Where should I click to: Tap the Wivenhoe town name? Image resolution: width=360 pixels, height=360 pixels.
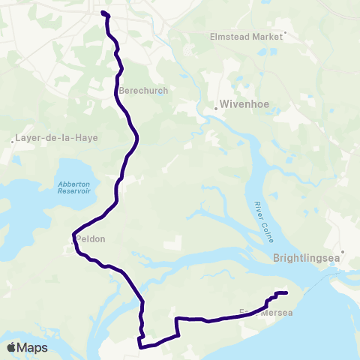241,106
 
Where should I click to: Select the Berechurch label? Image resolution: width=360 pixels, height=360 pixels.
143,90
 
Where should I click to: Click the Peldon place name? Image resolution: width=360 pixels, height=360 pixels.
90,239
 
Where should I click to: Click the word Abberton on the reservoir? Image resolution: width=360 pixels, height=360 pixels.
73,184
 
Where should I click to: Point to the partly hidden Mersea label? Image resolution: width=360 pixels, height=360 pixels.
278,313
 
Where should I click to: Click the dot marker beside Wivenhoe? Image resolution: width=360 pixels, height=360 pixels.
215,108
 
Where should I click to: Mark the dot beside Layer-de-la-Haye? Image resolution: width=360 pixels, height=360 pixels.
14,140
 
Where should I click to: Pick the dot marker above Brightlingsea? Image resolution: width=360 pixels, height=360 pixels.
343,252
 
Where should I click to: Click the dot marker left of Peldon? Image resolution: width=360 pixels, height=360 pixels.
72,242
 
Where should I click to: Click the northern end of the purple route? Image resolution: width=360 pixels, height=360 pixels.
102,13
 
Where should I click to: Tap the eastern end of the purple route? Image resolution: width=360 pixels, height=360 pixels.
286,292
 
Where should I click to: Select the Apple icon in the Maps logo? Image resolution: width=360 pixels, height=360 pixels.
10,347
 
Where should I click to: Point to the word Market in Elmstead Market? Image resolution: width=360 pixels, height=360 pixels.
266,35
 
